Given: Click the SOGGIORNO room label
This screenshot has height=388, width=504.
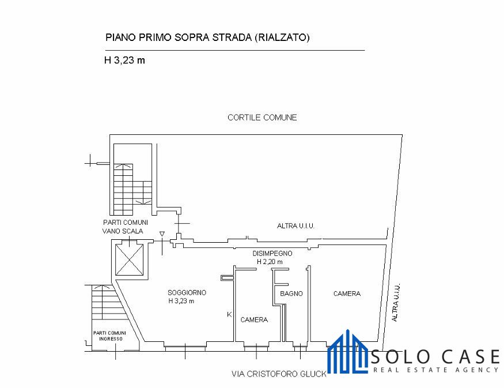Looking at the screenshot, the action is click(x=187, y=293).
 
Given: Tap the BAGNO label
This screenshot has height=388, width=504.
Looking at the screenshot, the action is click(x=291, y=293).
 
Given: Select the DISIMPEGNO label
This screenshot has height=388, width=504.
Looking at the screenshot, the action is click(x=272, y=254).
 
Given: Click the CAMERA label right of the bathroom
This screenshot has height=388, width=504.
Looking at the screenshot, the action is click(x=347, y=293).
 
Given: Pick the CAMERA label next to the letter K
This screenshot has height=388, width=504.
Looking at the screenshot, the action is click(x=254, y=320).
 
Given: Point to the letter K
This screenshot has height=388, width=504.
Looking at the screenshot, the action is click(x=229, y=314).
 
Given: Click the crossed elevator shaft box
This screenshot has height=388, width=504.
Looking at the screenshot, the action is click(x=129, y=260).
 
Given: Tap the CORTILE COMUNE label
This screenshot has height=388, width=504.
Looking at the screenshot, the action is click(x=262, y=118).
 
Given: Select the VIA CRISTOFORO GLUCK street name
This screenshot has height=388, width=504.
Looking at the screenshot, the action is click(x=279, y=374).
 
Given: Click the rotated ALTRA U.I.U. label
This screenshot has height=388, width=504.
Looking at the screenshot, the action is click(x=395, y=303).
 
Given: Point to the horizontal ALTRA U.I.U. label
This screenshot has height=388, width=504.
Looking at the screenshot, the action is click(x=295, y=226).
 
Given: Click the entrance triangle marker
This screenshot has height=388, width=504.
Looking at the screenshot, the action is click(x=162, y=234).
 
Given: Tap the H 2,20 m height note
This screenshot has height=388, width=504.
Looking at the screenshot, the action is click(x=270, y=262).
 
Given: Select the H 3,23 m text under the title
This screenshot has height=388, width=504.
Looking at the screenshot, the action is click(x=124, y=60).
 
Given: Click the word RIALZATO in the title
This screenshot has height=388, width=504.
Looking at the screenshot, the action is click(x=282, y=37).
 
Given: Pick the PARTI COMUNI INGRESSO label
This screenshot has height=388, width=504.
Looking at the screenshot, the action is click(x=109, y=336).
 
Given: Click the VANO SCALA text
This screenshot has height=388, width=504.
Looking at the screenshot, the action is click(x=123, y=231).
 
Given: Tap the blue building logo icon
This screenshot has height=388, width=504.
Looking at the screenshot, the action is click(x=347, y=351).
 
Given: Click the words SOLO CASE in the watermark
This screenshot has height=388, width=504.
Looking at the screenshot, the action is click(x=435, y=357).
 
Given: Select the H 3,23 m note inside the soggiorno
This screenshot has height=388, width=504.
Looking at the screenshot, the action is click(x=181, y=301).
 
